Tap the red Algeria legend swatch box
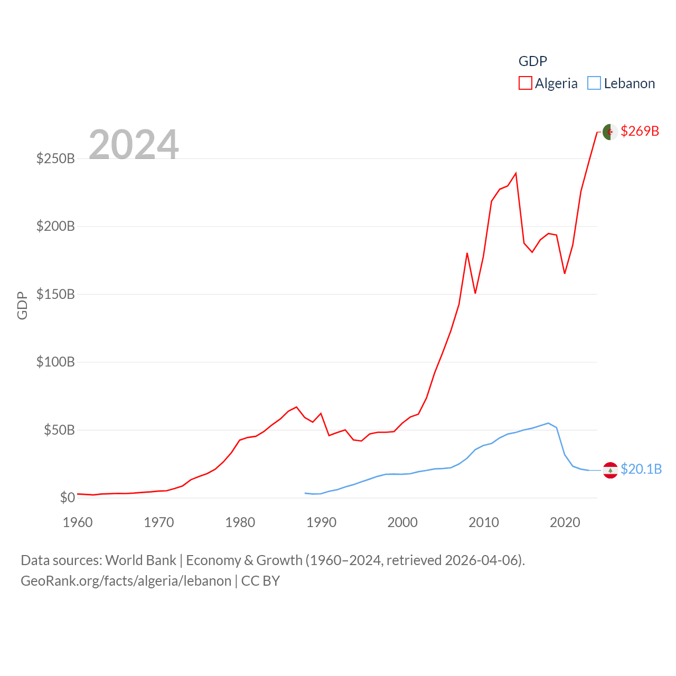point(525,83)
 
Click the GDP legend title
point(532,61)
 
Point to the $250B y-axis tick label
point(55,158)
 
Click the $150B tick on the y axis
point(55,294)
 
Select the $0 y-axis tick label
point(67,497)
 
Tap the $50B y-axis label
point(59,430)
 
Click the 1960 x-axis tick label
point(78,522)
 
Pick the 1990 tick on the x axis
point(321,522)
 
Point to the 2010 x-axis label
point(484,522)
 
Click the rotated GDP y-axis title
point(22,306)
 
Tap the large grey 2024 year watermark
point(134,144)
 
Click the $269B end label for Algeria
point(640,131)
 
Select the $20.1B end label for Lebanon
point(641,469)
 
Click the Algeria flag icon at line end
point(610,132)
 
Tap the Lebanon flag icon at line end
point(610,470)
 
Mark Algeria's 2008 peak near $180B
point(467,253)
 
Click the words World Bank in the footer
point(140,560)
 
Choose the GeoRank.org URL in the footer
point(126,581)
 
